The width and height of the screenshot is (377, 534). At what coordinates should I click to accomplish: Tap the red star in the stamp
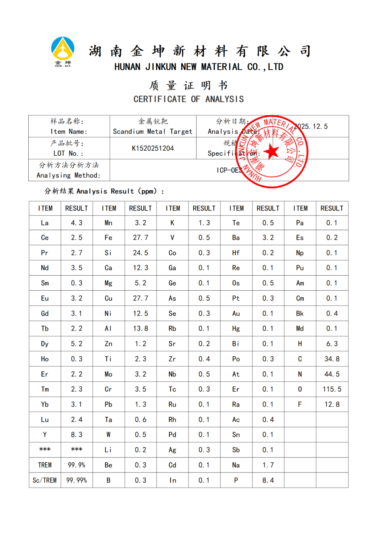[271, 152]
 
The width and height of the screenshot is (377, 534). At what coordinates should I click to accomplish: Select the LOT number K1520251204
[153, 148]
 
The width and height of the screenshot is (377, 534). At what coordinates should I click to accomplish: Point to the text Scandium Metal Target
[153, 131]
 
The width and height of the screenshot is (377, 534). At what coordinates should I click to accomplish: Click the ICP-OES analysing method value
[229, 170]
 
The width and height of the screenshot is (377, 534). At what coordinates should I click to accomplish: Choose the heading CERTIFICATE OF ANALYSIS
[188, 99]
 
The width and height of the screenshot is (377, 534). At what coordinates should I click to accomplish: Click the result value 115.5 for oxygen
[332, 389]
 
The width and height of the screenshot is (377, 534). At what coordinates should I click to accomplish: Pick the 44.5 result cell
[332, 374]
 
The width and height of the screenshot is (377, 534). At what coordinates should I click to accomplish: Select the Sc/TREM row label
[45, 480]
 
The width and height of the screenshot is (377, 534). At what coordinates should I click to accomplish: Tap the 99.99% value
[76, 480]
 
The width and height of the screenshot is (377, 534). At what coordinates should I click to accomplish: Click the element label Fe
[109, 238]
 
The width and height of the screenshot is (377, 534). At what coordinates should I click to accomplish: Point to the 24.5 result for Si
[140, 253]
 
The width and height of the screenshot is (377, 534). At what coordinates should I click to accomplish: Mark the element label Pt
[236, 298]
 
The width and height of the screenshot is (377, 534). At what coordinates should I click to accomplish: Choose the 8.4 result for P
[268, 480]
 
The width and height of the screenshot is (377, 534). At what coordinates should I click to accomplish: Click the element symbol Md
[300, 329]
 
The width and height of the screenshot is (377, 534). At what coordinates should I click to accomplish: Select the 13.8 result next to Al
[140, 329]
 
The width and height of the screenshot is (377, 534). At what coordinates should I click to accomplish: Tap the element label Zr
[172, 359]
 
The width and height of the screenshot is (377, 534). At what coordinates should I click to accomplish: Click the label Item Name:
[69, 131]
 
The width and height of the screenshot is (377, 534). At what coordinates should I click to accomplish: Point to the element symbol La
[45, 223]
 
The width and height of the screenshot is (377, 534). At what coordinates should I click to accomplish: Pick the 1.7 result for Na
[268, 465]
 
